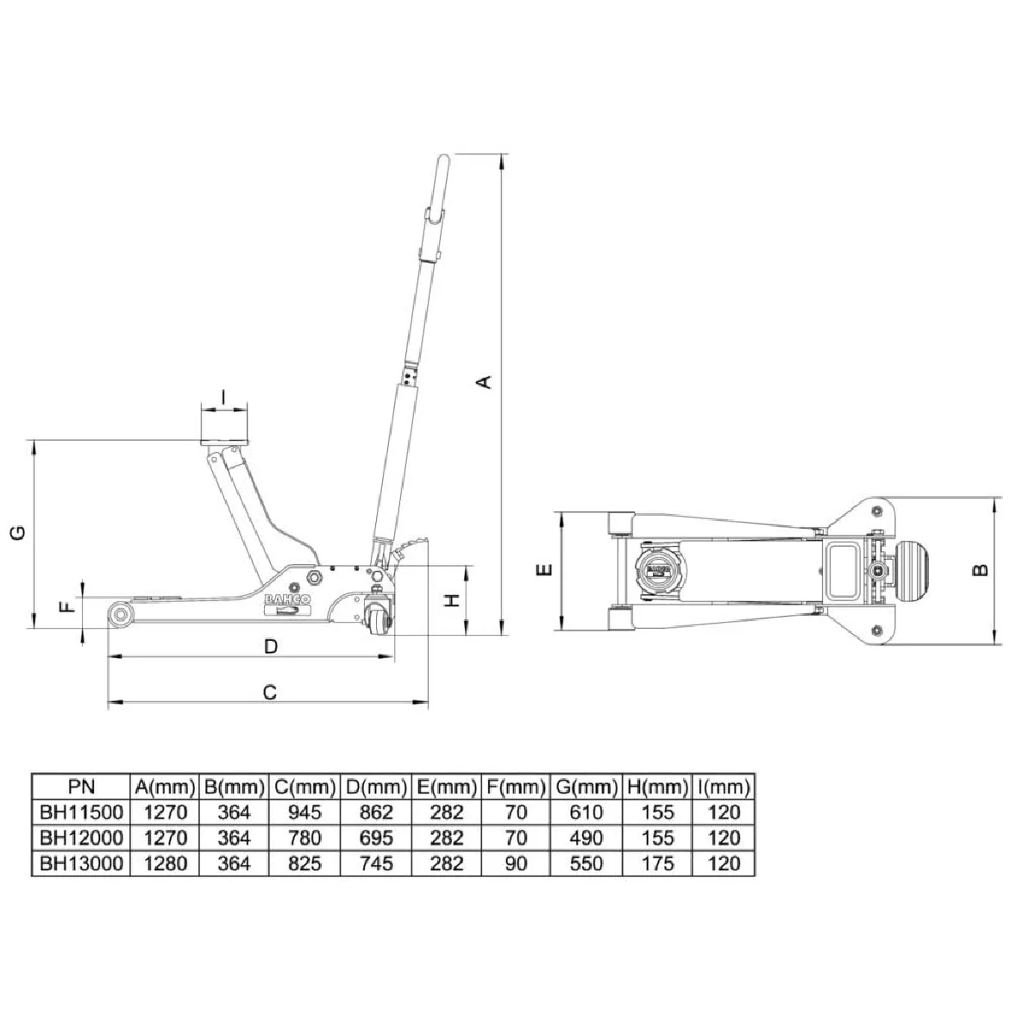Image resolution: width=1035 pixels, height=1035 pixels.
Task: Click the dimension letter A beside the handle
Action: [x=485, y=382]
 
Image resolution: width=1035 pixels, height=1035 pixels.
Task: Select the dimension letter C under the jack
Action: [x=270, y=693]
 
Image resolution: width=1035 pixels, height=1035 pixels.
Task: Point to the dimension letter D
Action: [x=271, y=646]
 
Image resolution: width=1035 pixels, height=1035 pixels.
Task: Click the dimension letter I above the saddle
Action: [x=223, y=397]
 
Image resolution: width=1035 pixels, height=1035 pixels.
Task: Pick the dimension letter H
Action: [x=454, y=600]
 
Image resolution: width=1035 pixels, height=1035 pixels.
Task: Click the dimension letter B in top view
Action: [x=981, y=569]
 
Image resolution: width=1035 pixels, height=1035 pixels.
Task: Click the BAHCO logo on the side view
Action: [x=287, y=599]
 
